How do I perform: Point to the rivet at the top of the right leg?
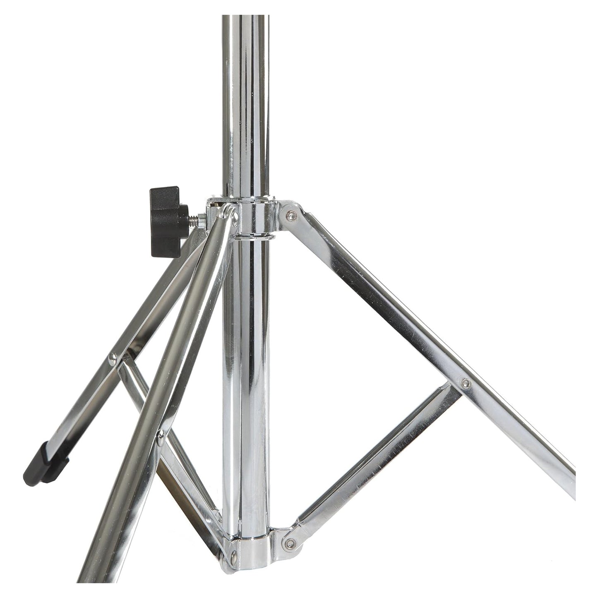pyautogui.click(x=291, y=214)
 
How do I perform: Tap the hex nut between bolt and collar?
pyautogui.click(x=202, y=218)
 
